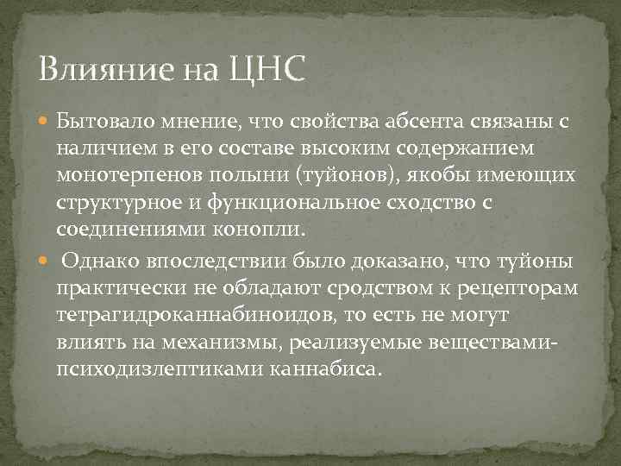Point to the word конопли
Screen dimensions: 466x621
(263, 230)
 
